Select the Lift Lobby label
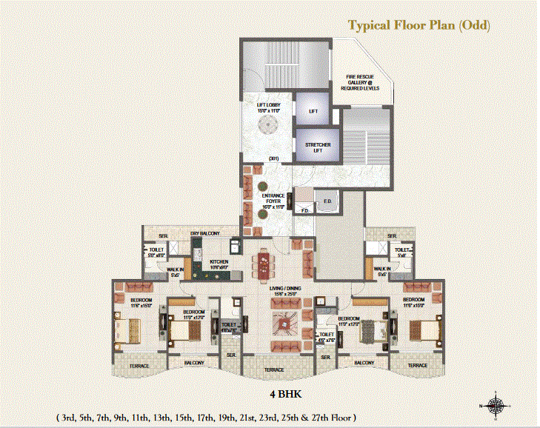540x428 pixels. (267, 109)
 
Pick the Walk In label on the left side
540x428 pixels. (175, 272)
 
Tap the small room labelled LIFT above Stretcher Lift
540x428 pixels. (313, 111)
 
